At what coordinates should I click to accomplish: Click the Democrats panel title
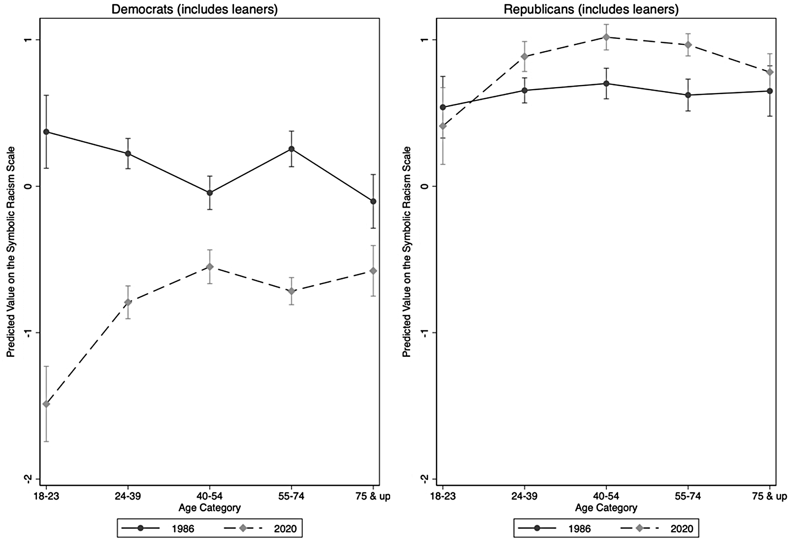click(195, 9)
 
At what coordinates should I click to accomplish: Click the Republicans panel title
click(591, 9)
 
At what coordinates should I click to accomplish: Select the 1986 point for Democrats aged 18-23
click(46, 132)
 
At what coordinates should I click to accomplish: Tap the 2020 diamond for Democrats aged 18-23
click(46, 404)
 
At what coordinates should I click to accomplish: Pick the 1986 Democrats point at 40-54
click(210, 193)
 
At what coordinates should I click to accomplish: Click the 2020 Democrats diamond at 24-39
click(128, 302)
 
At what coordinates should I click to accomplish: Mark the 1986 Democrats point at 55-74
click(292, 149)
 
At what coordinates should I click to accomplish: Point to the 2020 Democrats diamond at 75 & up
click(373, 271)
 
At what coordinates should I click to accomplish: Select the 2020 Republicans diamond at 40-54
click(606, 37)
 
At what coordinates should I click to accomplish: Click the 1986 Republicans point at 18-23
click(443, 107)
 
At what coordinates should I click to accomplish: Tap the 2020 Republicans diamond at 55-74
click(688, 45)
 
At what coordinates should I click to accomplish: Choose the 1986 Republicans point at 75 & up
click(770, 91)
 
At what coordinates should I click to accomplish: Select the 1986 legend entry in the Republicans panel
click(554, 528)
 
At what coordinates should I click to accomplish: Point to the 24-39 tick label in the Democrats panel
click(128, 497)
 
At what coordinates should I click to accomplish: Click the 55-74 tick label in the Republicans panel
click(688, 497)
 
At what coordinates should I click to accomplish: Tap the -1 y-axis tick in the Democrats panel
click(29, 333)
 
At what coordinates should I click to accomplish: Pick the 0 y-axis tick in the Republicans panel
click(426, 186)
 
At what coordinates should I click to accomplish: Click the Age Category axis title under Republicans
click(606, 508)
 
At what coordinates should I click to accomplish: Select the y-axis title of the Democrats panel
click(11, 252)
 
